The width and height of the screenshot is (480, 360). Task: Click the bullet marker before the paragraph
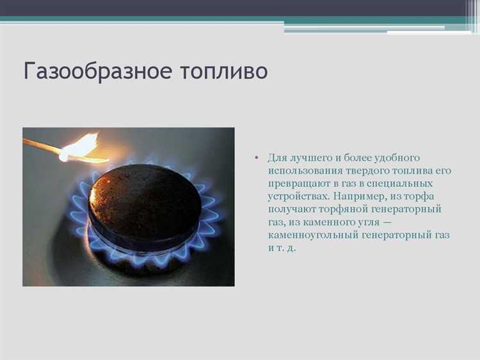tap(257, 158)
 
